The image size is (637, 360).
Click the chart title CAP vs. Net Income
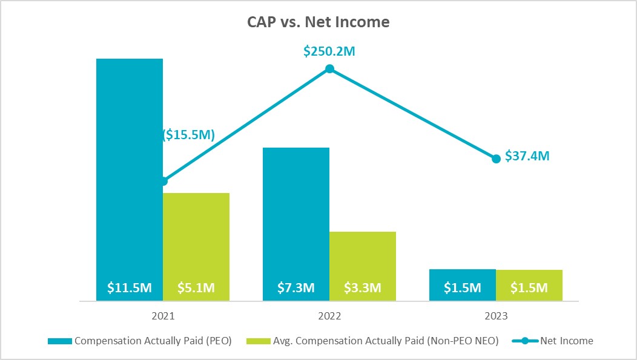318,22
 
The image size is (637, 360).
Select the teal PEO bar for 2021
130,169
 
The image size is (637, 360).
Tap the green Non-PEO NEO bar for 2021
196,242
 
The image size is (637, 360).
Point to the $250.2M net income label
329,51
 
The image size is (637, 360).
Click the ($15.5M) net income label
189,135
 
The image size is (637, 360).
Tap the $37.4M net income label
526,157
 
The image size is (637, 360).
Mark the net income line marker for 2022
329,69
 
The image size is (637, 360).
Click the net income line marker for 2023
496,159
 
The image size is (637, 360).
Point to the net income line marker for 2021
163,181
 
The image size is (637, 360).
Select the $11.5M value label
130,288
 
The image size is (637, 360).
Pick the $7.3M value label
296,288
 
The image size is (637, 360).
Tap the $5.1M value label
196,288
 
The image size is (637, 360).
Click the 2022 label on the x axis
329,316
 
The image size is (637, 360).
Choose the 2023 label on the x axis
496,316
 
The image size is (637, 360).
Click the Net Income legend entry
552,341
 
